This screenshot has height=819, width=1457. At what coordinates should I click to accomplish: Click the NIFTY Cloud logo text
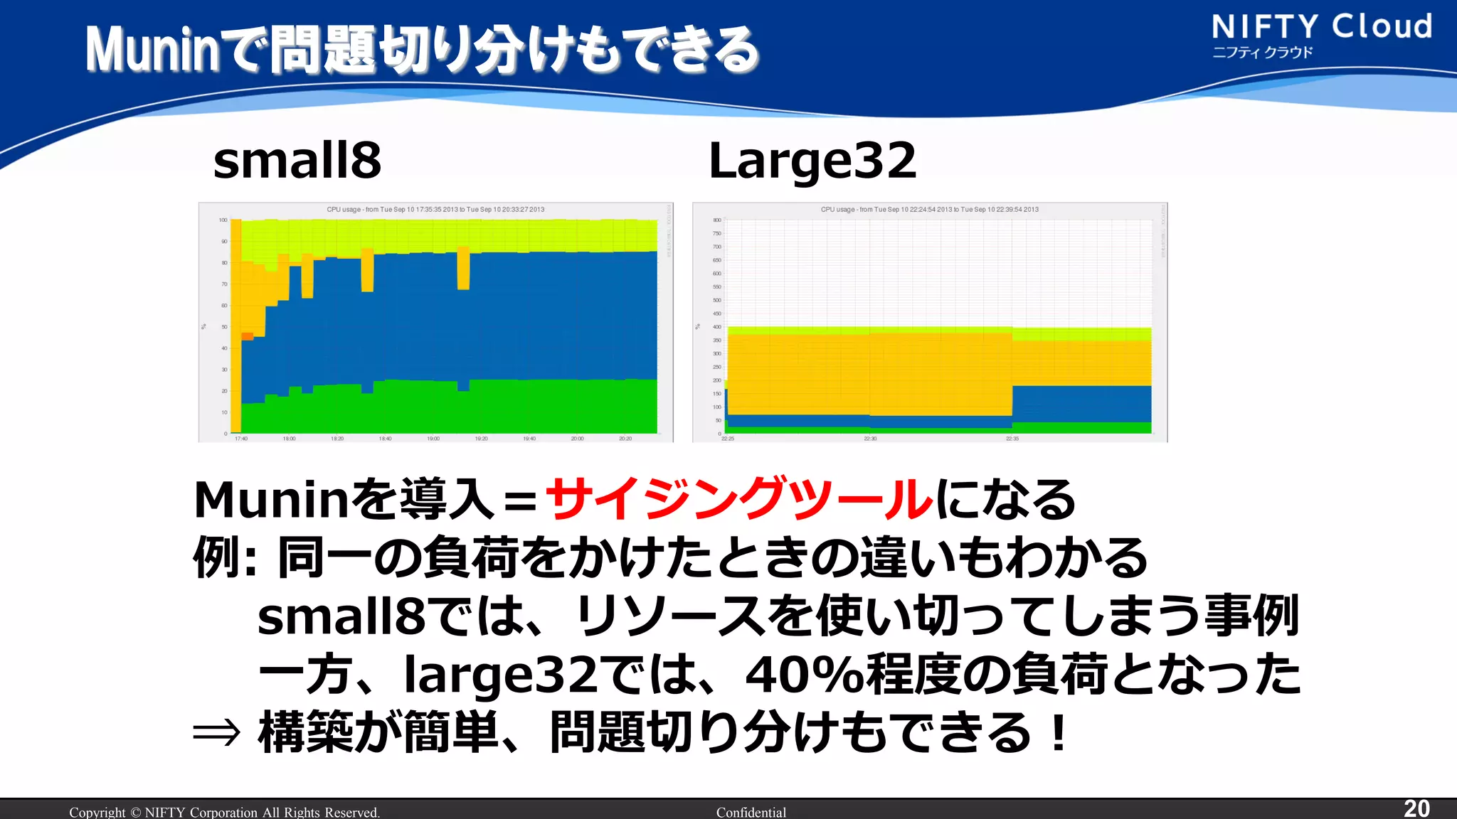[1321, 27]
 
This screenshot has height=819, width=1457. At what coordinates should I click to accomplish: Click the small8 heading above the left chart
[297, 161]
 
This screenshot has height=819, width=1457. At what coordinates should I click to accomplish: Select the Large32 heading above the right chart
[812, 161]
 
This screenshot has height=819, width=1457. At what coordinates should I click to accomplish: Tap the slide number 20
[1416, 808]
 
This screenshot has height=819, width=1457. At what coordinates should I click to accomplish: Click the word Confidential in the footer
[751, 812]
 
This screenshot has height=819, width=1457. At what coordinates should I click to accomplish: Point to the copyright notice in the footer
[224, 812]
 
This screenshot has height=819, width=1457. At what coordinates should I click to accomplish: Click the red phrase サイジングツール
[739, 499]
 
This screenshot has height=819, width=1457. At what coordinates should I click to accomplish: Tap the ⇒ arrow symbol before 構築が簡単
[216, 733]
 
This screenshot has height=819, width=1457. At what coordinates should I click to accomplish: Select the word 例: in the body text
[224, 558]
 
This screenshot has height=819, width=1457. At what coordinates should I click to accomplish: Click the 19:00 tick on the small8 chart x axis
[433, 439]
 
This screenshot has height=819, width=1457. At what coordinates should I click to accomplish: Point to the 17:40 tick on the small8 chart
[241, 439]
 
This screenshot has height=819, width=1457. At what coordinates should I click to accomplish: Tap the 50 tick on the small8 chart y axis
[224, 327]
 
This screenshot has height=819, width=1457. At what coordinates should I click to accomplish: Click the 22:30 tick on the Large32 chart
[870, 439]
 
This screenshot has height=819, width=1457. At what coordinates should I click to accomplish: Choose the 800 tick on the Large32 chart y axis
[717, 220]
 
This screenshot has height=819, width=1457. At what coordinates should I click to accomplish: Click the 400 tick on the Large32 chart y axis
[717, 327]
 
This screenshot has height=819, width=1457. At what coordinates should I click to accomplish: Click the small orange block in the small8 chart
[247, 336]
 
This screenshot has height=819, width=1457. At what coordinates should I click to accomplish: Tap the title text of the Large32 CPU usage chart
[929, 210]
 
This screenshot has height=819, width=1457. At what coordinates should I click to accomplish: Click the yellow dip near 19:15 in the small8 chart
[463, 268]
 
